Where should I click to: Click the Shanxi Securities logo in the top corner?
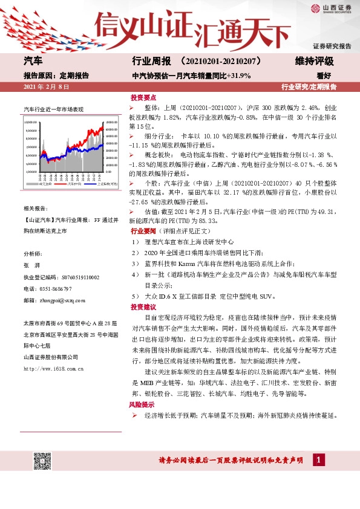pyautogui.click(x=331, y=8)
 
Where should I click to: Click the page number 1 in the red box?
pyautogui.click(x=317, y=461)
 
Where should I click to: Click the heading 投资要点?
pyautogui.click(x=143, y=97)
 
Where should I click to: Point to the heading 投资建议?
pyautogui.click(x=143, y=307)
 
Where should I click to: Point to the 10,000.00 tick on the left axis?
pyautogui.click(x=31, y=122)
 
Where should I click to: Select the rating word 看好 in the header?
pyautogui.click(x=341, y=76)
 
